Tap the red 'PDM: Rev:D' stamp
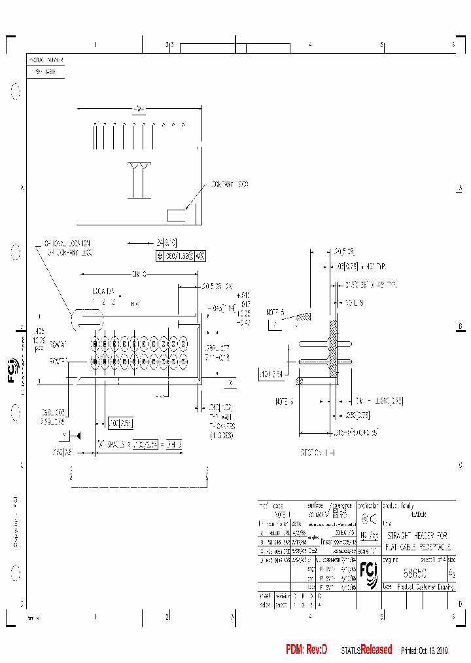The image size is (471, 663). (306, 649)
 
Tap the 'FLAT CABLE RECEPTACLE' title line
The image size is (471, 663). (417, 546)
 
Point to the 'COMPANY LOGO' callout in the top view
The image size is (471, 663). (230, 185)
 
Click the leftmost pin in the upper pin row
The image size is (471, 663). (95, 343)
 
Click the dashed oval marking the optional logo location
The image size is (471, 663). (87, 318)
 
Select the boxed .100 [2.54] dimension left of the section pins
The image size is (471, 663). (270, 374)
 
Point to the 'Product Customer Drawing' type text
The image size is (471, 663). (425, 587)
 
